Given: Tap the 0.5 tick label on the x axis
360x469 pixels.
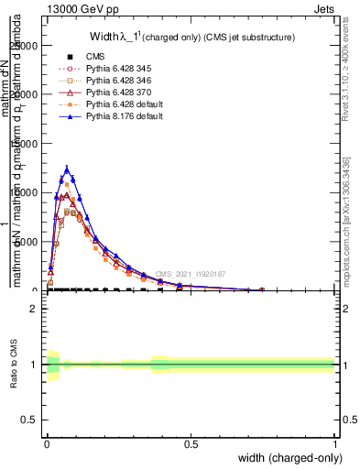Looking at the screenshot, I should pos(191,443).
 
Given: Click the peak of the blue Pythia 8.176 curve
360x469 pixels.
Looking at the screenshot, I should pos(67,169).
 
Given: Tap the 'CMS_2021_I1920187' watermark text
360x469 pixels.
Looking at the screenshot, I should pos(191,274).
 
